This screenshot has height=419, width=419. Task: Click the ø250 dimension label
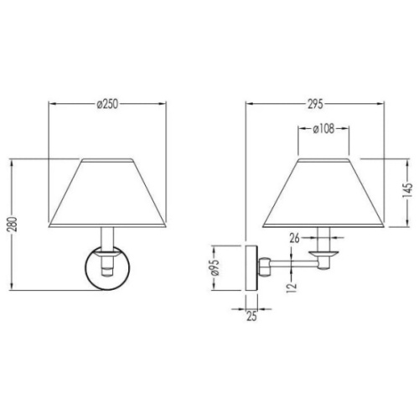pos(107,104)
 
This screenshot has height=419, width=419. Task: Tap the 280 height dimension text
pos(13,225)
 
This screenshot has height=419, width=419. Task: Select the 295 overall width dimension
pos(315,104)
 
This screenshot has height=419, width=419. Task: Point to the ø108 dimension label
pos(323,129)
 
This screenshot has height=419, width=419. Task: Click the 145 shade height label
pos(407,190)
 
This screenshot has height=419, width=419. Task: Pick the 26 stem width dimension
pos(294,238)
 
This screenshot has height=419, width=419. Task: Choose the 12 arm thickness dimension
pos(291,287)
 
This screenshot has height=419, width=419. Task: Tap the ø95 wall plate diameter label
pos(215,267)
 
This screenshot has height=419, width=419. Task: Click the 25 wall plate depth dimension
pos(251,316)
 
